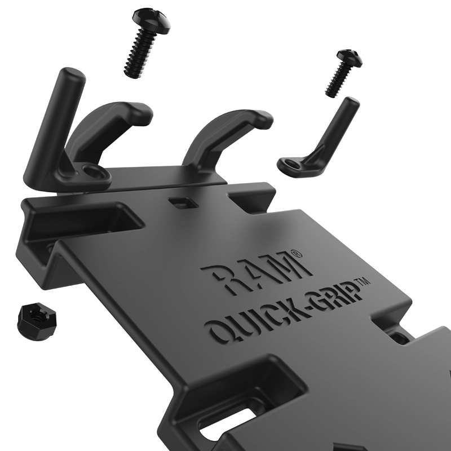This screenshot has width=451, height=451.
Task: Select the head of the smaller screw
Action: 350,57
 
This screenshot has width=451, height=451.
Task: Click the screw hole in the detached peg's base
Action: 292,163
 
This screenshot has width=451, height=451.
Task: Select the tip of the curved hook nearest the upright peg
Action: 144,114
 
